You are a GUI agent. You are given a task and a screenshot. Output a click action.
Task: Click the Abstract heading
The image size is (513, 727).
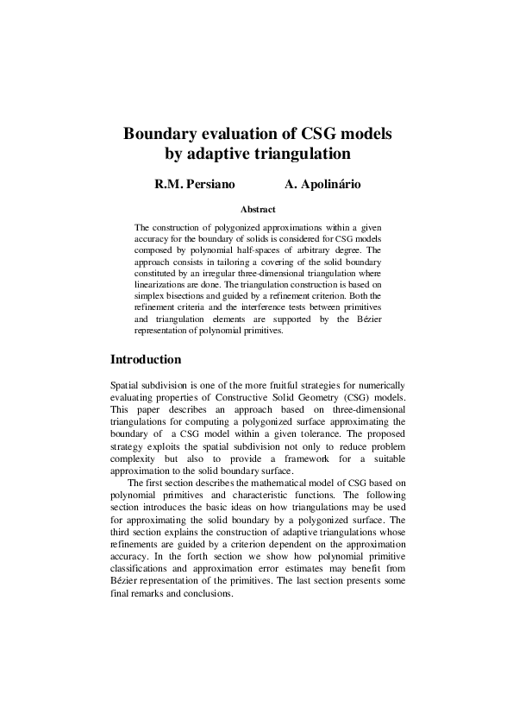coord(257,209)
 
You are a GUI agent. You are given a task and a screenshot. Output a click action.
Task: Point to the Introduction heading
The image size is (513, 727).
coord(146,359)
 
